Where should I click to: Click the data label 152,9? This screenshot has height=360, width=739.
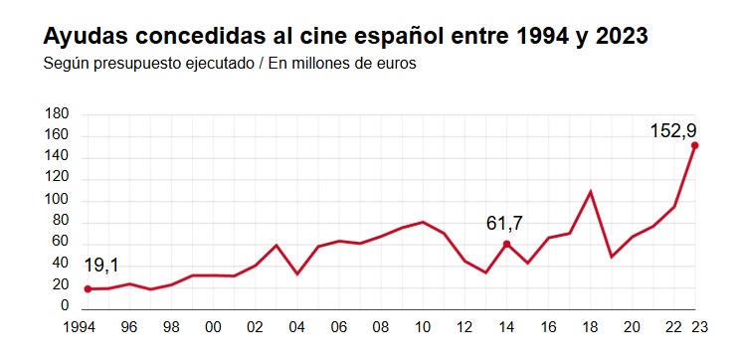pyautogui.click(x=672, y=129)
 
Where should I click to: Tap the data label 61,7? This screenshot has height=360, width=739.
pyautogui.click(x=504, y=224)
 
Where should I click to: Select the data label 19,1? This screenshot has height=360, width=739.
pyautogui.click(x=101, y=266)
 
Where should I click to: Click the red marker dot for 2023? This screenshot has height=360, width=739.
pyautogui.click(x=694, y=145)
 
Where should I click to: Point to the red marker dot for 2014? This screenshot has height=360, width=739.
pyautogui.click(x=506, y=244)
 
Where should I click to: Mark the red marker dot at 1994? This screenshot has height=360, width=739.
pyautogui.click(x=88, y=289)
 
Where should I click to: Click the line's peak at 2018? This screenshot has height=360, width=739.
pyautogui.click(x=591, y=192)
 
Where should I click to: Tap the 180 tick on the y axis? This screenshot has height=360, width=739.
pyautogui.click(x=57, y=114)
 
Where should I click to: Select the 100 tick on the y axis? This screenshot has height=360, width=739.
pyautogui.click(x=57, y=200)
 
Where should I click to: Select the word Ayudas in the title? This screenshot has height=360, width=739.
pyautogui.click(x=84, y=37)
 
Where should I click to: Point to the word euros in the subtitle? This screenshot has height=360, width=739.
pyautogui.click(x=397, y=64)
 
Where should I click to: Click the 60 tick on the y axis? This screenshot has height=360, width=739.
pyautogui.click(x=61, y=243)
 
